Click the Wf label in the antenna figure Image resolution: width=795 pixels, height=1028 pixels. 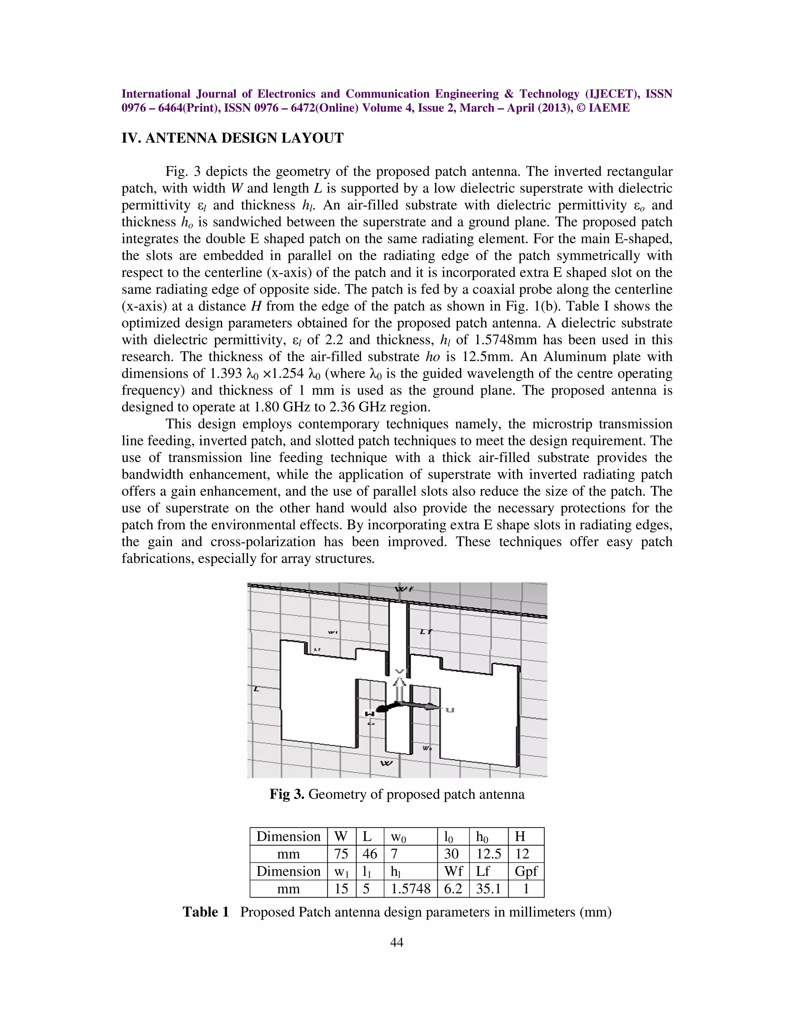pos(404,589)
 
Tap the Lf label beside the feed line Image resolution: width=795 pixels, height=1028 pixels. pos(426,632)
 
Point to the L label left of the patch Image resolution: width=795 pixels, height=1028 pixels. pos(256,689)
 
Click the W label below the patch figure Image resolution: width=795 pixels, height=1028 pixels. pos(386,763)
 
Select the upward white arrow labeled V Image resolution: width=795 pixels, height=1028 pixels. pos(399,685)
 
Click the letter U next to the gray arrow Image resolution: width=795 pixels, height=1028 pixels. pos(450,710)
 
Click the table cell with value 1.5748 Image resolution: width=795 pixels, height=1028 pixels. pos(410,889)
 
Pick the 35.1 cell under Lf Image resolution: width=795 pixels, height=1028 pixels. pos(488,889)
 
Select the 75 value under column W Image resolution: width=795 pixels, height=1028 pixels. pos(341,854)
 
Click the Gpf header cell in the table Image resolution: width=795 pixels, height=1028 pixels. pos(526,871)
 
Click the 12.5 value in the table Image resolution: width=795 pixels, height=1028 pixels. pos(488,854)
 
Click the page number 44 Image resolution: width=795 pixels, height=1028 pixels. pos(397,942)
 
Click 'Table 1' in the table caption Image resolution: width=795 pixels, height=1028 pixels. pos(206,912)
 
